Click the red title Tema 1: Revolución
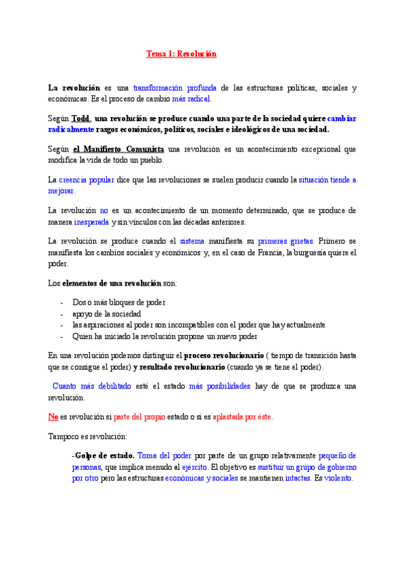181,53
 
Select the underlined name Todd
80,118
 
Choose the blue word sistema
191,242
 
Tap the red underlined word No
53,417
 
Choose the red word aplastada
230,417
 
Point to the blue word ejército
193,467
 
